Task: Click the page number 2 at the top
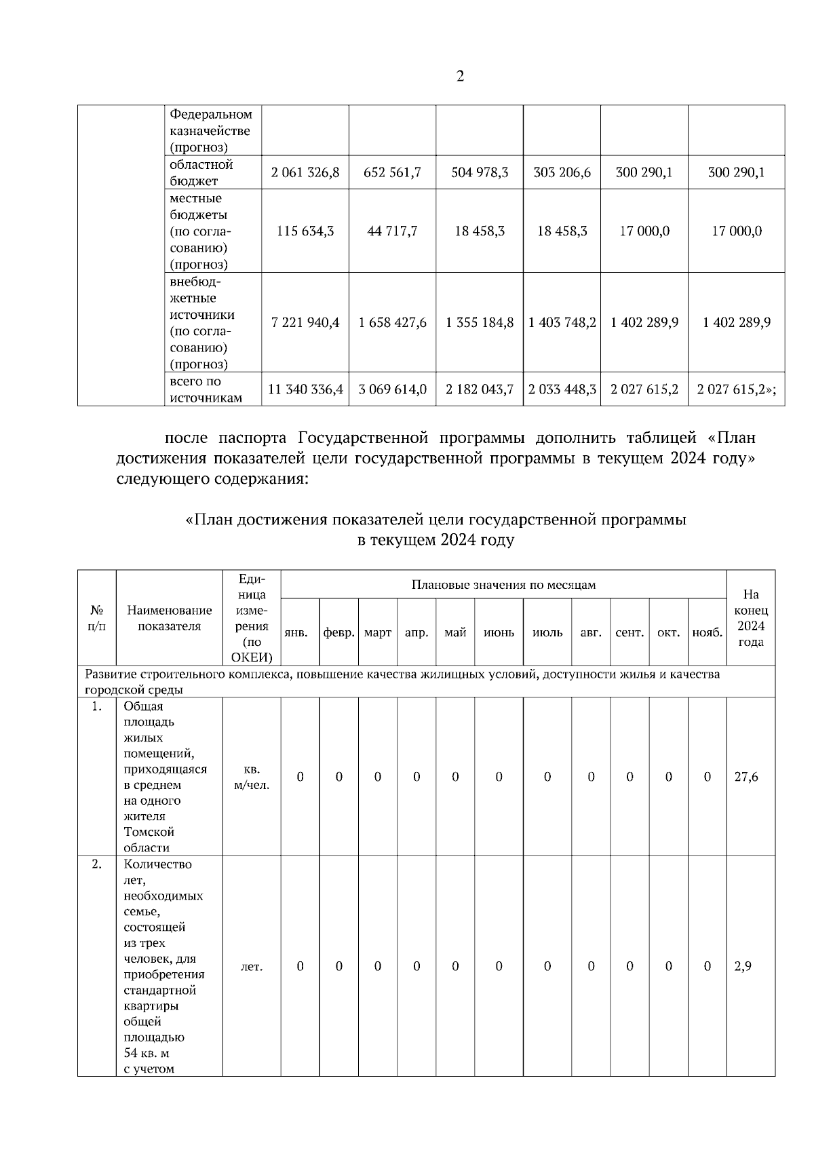click(460, 77)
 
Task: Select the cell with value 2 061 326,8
click(305, 173)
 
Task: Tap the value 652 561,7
click(392, 173)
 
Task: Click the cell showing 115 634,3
click(305, 231)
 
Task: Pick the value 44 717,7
click(392, 231)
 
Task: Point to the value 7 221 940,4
click(305, 323)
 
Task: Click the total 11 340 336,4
click(305, 389)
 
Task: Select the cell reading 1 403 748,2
click(562, 323)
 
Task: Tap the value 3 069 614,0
click(392, 389)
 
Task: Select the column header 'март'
click(378, 633)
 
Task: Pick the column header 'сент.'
click(629, 633)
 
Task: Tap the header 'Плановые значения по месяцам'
click(503, 585)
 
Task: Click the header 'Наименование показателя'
click(170, 619)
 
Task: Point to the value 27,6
click(746, 777)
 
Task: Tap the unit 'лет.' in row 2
click(252, 967)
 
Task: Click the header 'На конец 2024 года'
click(750, 618)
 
